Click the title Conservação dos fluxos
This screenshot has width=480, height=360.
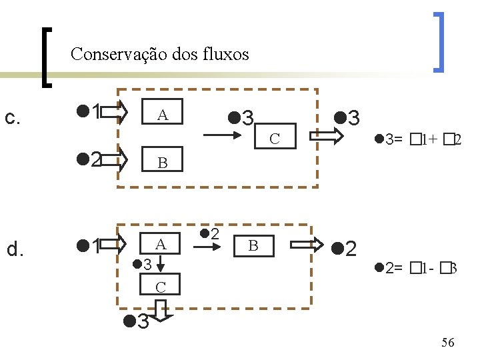[159, 53]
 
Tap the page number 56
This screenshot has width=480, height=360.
[448, 343]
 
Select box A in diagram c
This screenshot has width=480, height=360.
[162, 115]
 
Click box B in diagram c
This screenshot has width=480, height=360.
[162, 163]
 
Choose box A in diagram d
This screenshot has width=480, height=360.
[161, 245]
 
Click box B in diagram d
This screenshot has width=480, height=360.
[253, 246]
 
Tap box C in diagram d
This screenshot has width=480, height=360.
[161, 288]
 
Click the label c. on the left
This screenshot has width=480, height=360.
[13, 118]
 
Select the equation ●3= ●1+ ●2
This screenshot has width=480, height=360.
[419, 139]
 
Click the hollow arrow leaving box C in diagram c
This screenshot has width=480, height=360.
[329, 137]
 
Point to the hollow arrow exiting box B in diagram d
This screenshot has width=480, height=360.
[323, 246]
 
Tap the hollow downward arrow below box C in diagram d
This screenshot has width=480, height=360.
[161, 311]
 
